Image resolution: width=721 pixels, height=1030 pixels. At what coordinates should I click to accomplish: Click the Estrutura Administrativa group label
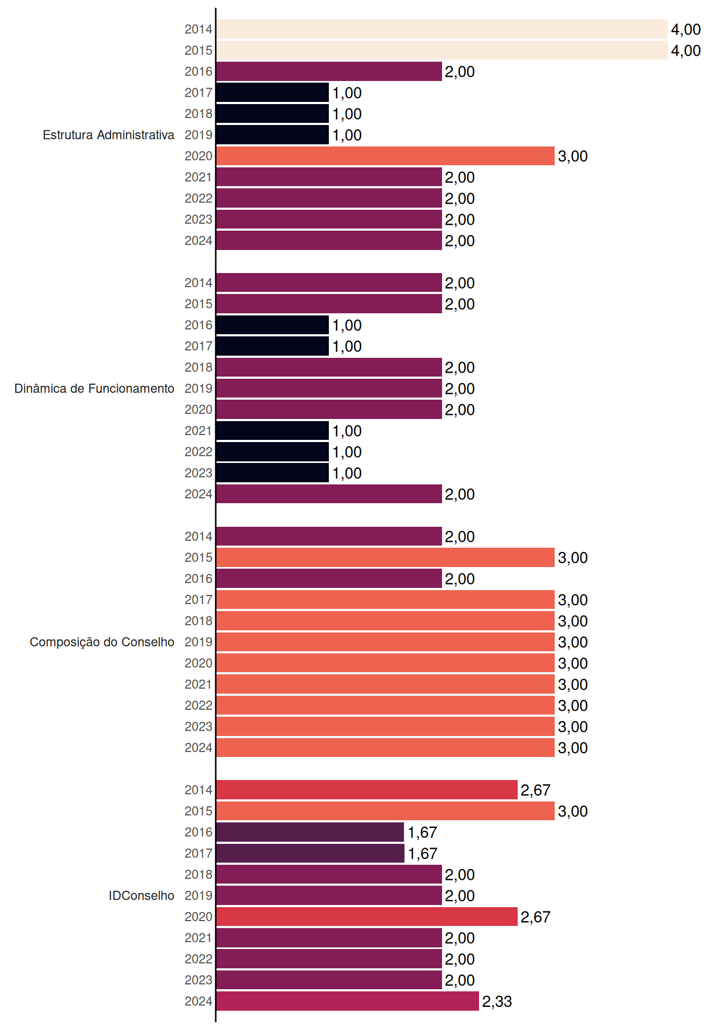coord(108,135)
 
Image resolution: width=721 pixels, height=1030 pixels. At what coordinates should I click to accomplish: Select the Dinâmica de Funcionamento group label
coord(94,388)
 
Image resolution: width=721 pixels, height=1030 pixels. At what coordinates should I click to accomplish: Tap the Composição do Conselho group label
coord(102,642)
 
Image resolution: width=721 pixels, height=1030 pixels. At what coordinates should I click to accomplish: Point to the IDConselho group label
coord(142,895)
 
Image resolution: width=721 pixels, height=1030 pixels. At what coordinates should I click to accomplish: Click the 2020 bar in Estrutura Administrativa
coord(385,156)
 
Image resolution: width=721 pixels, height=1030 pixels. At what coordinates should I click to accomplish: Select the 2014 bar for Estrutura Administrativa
coord(442,29)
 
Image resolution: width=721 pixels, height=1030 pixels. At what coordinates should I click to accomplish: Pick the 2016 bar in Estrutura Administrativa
coord(329,71)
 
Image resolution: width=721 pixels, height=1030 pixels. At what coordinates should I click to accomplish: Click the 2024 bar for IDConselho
coord(348,1001)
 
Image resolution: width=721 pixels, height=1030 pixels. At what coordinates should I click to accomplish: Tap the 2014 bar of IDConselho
coord(367,790)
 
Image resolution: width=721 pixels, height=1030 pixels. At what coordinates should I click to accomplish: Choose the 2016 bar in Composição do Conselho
coord(329,578)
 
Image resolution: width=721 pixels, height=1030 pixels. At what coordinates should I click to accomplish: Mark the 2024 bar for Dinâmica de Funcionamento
coord(329,494)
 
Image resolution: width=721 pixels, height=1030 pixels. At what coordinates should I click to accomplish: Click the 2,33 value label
coord(497,1002)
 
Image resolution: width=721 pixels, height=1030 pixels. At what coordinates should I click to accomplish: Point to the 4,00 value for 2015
coord(686,50)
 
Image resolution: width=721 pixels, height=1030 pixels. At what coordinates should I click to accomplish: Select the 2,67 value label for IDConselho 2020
coord(535,917)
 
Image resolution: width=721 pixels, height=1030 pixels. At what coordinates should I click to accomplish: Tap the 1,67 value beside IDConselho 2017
coord(423,854)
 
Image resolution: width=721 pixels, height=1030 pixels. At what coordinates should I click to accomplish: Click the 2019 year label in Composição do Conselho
coord(198,642)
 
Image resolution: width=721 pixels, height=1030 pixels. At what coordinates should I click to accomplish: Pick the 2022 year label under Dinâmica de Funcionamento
coord(198,452)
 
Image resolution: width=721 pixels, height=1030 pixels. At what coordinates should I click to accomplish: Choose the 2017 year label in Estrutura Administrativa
coord(198,93)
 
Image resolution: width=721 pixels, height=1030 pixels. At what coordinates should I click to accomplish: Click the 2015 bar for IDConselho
coord(385,811)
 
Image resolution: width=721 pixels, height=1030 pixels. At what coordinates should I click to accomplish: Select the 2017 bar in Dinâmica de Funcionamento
coord(273,346)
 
